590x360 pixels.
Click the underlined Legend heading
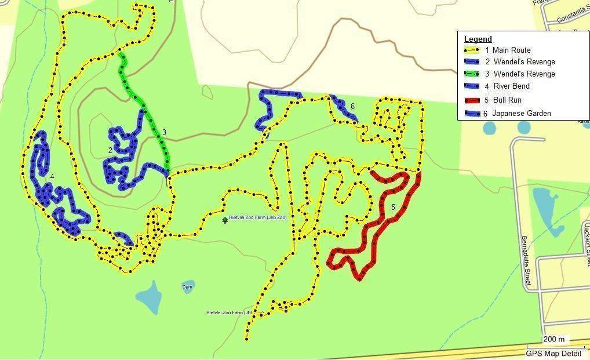coord(478,39)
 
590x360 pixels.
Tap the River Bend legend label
coord(511,86)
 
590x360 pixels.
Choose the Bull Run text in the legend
coord(507,100)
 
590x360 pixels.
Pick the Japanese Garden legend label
coord(521,114)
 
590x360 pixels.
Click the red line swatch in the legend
coord(472,100)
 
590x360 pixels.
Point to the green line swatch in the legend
coord(472,74)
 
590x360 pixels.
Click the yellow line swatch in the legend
coord(472,50)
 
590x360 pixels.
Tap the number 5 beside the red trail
coord(393,207)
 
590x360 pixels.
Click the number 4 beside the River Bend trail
coord(52,176)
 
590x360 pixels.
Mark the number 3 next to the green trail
coord(164,133)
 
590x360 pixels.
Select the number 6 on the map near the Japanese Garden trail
coord(352,106)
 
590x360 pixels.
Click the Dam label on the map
coord(187,286)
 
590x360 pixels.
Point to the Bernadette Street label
coord(526,261)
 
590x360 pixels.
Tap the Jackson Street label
coord(587,237)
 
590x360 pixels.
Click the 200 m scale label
coord(555,339)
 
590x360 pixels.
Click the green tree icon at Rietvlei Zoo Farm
coord(225,220)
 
